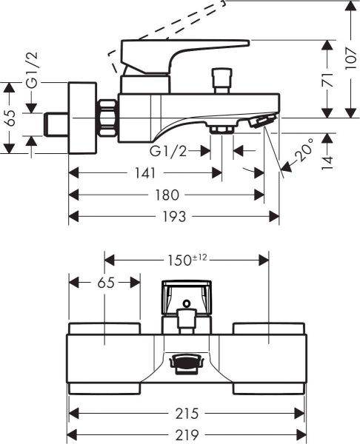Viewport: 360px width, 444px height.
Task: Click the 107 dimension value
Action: pyautogui.click(x=350, y=59)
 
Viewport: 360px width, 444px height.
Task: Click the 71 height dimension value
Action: pyautogui.click(x=327, y=79)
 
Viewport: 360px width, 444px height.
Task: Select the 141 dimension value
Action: pyautogui.click(x=145, y=173)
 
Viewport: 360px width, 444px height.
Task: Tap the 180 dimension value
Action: pyautogui.click(x=167, y=195)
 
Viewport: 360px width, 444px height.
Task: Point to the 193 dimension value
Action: pyautogui.click(x=174, y=217)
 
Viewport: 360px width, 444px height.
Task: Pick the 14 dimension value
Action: pyautogui.click(x=327, y=163)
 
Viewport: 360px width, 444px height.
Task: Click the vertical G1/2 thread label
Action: pyautogui.click(x=32, y=70)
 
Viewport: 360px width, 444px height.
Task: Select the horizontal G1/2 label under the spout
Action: pyautogui.click(x=168, y=152)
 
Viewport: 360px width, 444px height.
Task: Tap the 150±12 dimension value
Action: pyautogui.click(x=187, y=260)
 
